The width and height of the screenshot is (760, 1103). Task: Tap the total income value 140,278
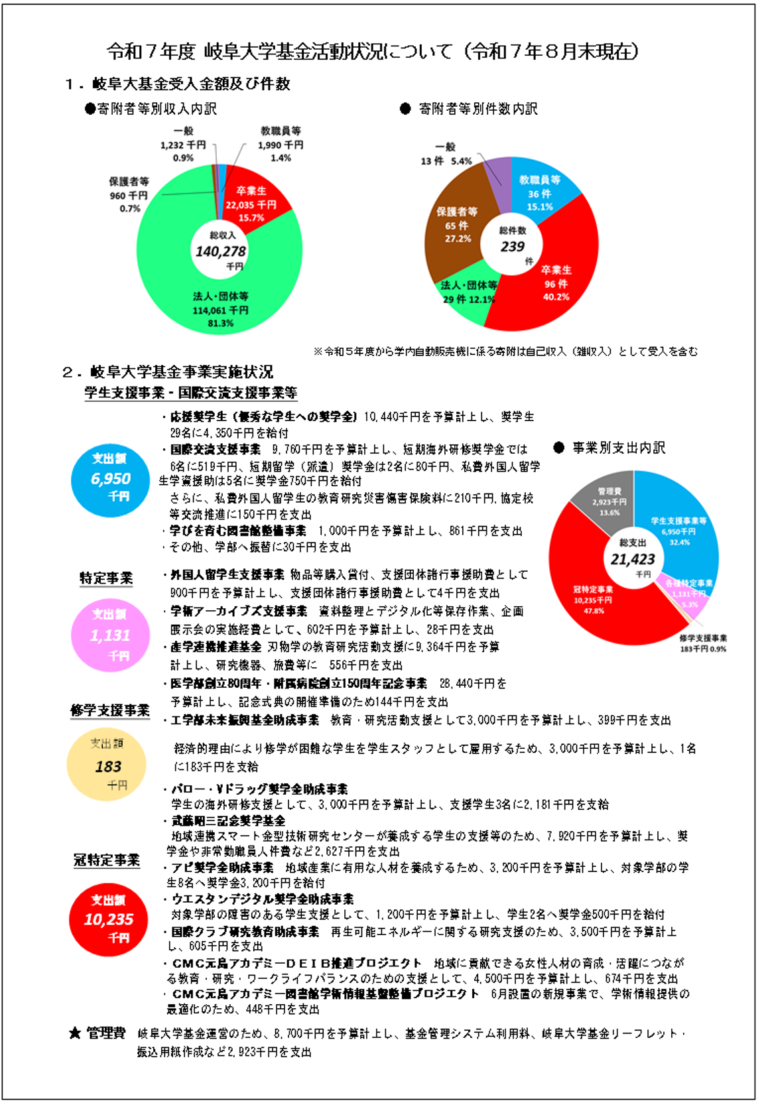point(220,251)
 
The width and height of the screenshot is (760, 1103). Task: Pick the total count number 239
point(512,246)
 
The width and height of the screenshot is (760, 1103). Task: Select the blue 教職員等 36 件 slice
point(540,192)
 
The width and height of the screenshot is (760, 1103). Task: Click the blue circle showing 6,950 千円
point(111,479)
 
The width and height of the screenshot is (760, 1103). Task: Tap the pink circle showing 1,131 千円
point(110,635)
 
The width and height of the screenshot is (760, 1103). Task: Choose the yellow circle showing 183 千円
point(107,767)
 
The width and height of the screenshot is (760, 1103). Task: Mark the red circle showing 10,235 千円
point(109,919)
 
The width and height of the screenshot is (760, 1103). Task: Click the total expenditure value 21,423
point(633,559)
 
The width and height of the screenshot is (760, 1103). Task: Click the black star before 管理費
point(76,1033)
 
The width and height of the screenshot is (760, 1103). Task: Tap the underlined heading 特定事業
point(106,578)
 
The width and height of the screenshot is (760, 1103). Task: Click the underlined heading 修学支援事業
point(110,710)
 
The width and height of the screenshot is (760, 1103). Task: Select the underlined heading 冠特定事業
point(107,860)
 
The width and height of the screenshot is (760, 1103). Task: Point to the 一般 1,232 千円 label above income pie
point(183,145)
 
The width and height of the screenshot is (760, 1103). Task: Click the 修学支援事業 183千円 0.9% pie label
point(703,643)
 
